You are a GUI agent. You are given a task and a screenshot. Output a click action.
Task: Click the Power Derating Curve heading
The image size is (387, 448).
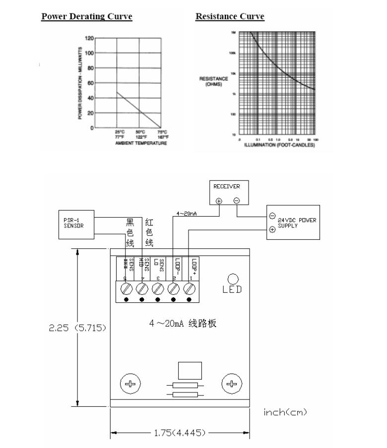coord(86,16)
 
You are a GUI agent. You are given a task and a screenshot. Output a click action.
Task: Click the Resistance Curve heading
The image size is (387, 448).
coord(230,16)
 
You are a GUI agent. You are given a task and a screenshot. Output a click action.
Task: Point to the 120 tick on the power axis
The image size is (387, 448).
coord(89,38)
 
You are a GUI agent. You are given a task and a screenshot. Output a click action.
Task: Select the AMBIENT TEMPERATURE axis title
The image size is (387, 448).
coord(138,143)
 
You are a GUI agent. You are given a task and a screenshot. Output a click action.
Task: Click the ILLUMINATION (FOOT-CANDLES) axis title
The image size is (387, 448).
coord(279,145)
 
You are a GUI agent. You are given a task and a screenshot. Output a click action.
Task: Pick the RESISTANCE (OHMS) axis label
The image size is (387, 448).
coord(213,81)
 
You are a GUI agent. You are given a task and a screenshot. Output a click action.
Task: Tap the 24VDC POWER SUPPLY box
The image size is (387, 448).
coord(292,223)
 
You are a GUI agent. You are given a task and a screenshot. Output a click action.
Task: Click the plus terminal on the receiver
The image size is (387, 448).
coord(219,201)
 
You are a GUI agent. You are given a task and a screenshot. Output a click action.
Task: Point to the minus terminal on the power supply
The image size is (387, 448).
coord(272,216)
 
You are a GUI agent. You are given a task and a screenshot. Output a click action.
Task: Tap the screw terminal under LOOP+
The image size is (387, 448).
coord(189,288)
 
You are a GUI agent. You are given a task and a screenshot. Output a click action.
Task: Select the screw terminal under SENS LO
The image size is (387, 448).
coord(158,288)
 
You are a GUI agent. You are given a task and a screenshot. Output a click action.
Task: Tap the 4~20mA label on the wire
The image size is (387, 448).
coord(187,214)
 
